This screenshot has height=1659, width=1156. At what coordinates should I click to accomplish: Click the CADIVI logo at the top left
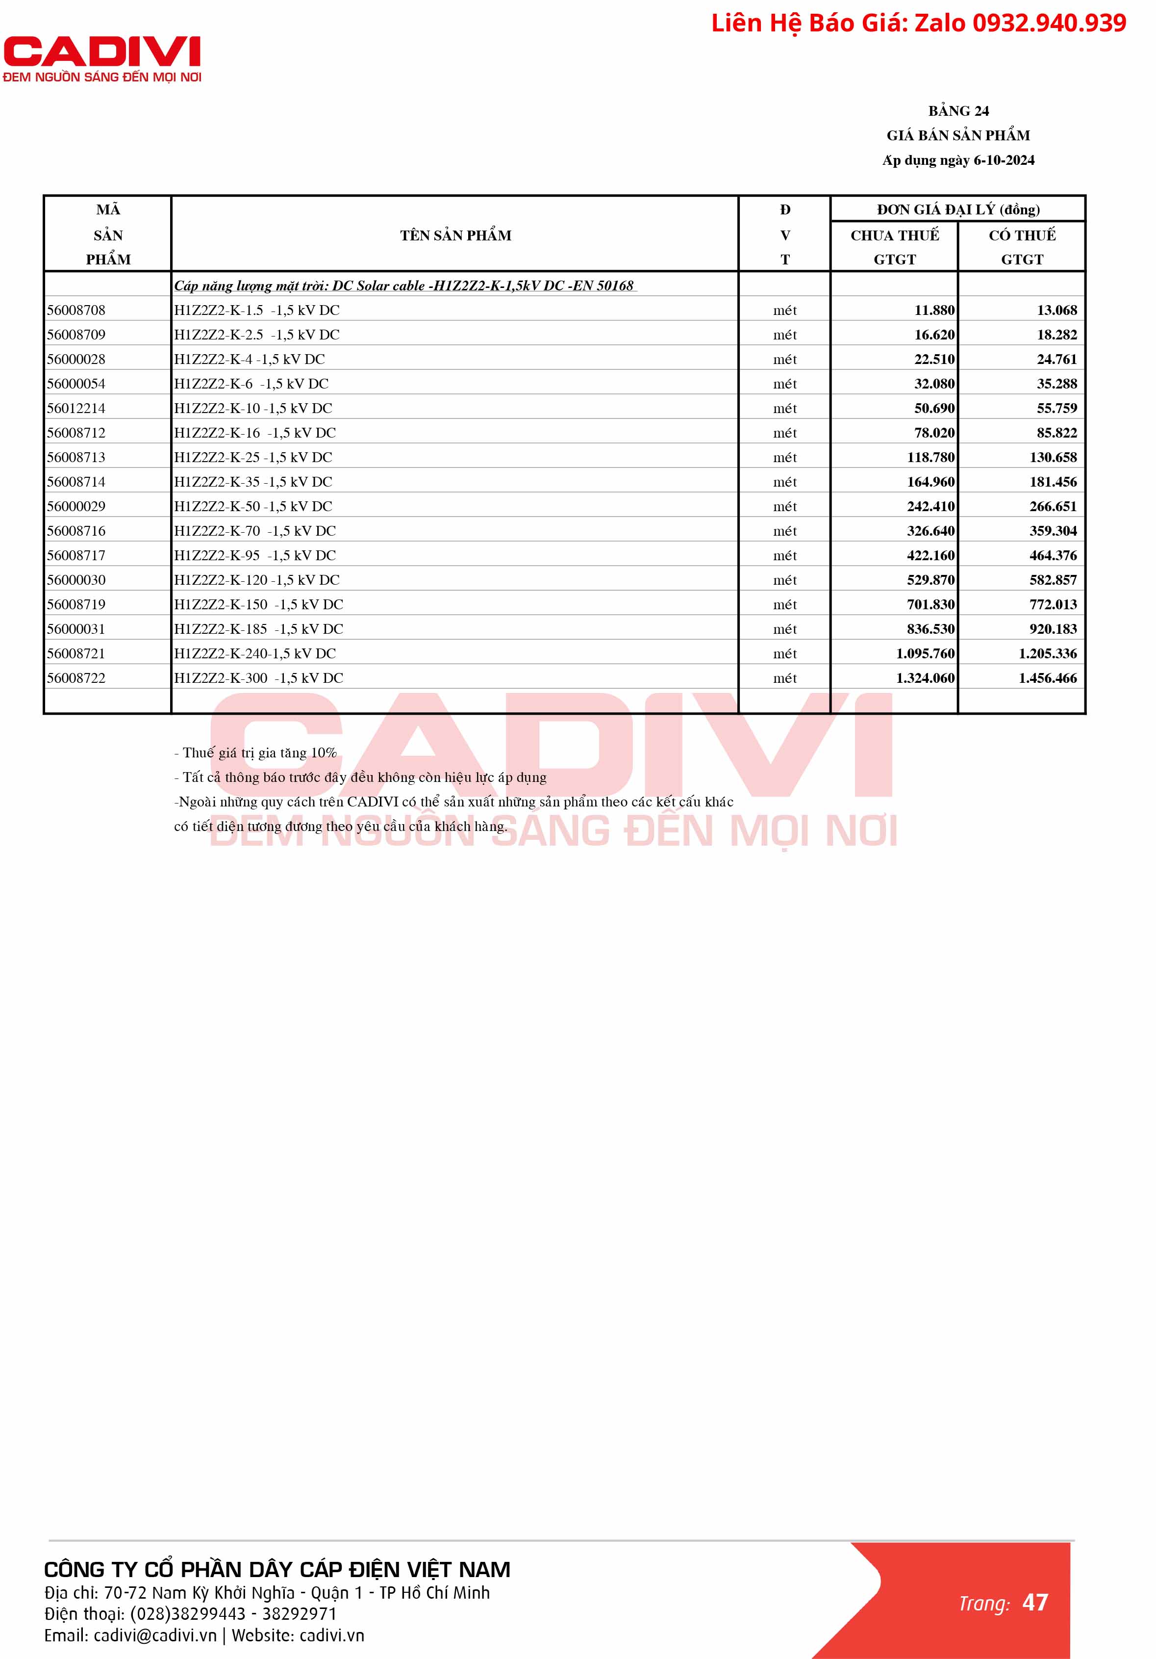(102, 58)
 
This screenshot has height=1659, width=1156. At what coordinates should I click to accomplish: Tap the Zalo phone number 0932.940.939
(1049, 23)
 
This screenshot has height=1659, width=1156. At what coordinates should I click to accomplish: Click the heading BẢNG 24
(958, 110)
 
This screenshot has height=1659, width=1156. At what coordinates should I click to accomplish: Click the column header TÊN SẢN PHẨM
(455, 235)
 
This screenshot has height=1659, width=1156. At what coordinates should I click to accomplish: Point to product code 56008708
(76, 310)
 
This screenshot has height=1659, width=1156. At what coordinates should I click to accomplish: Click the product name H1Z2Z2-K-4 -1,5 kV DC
(249, 359)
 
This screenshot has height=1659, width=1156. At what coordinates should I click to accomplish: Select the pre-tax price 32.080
(934, 384)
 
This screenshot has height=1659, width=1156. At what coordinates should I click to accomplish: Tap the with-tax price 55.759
(1056, 408)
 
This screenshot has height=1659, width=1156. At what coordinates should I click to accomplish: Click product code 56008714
(76, 482)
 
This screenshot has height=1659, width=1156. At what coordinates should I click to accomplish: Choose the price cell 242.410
(930, 507)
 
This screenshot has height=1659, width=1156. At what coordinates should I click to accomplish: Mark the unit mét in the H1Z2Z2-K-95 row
(785, 556)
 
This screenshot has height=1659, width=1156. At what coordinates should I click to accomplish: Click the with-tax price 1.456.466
(1047, 678)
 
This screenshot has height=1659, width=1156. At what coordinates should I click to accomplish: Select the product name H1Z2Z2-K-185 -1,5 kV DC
(258, 629)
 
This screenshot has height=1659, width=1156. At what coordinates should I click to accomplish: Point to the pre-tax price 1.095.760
(925, 653)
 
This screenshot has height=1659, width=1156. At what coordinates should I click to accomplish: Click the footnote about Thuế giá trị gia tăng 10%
(255, 753)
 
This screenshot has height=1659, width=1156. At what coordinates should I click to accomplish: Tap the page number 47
(1035, 1602)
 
